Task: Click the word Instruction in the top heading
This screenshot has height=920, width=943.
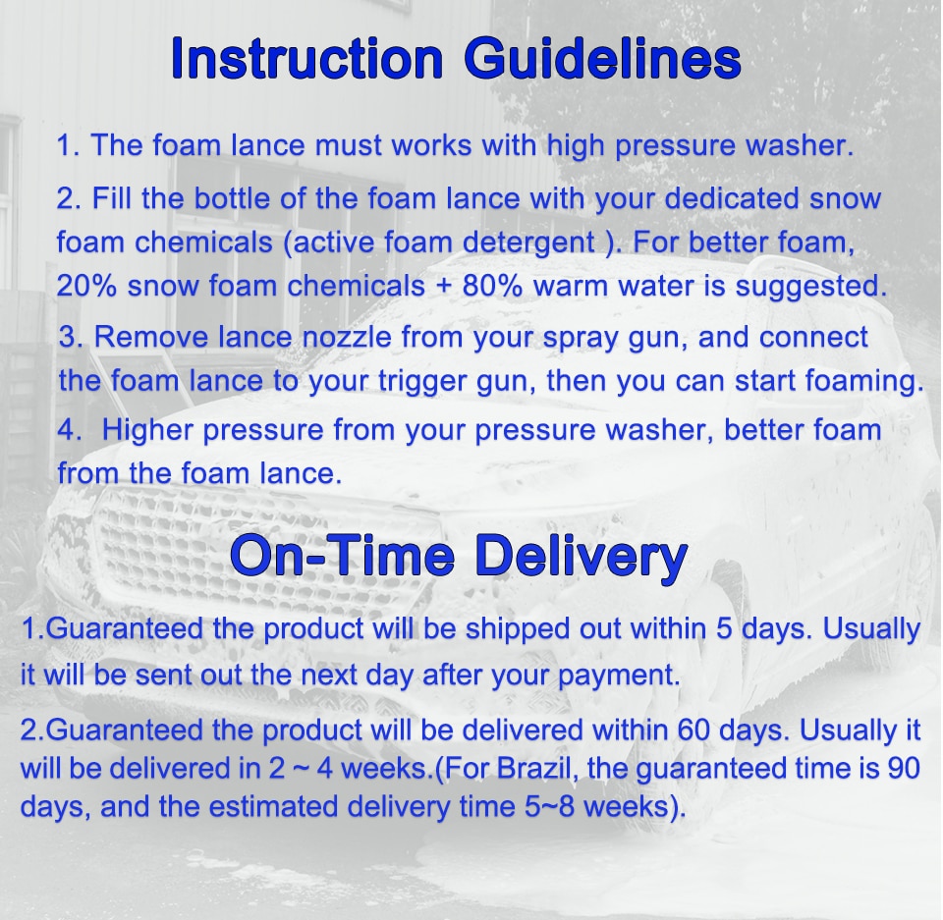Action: tap(306, 58)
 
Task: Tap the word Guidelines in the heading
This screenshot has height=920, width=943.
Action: tap(602, 60)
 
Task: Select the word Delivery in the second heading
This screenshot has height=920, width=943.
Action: tap(581, 557)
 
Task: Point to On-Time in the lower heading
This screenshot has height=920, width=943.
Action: tap(342, 555)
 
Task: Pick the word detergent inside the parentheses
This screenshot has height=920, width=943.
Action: tap(528, 243)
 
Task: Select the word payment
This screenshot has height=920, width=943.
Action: tap(619, 676)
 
